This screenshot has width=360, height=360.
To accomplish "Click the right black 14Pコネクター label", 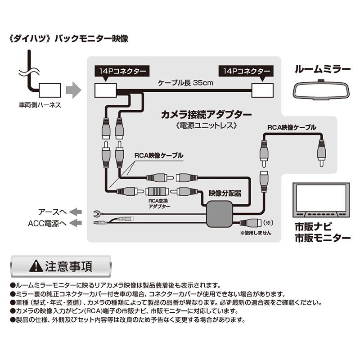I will [x=246, y=72].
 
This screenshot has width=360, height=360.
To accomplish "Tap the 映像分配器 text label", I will [x=225, y=193].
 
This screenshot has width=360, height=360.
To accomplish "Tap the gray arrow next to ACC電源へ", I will [x=76, y=223].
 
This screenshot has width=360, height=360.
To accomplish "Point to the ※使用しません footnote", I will [x=256, y=233].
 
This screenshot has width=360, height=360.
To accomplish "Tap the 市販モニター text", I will [x=322, y=238].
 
